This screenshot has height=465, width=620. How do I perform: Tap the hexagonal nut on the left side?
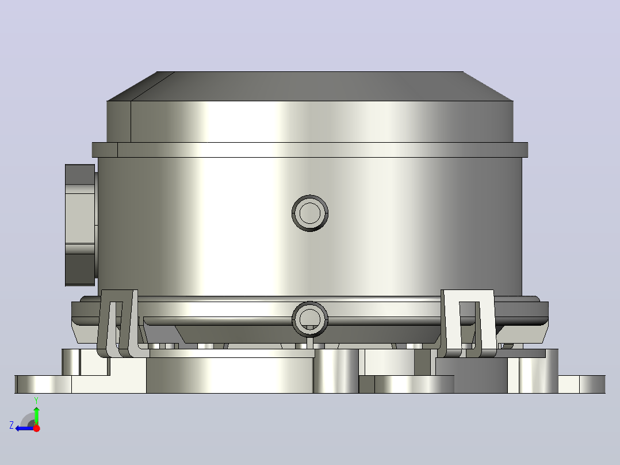pyautogui.click(x=81, y=225)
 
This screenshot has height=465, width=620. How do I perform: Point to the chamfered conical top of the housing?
pyautogui.click(x=310, y=86)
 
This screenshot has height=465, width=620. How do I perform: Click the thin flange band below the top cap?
pyautogui.click(x=310, y=150)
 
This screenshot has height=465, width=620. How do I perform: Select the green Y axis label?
pyautogui.click(x=36, y=401)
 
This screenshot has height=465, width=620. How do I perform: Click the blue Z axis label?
pyautogui.click(x=12, y=425)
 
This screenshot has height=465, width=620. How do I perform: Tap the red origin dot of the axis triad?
pyautogui.click(x=36, y=428)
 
